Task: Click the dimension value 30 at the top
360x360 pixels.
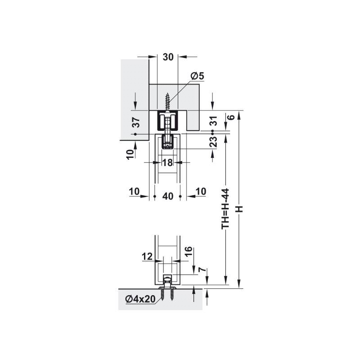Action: click(x=168, y=57)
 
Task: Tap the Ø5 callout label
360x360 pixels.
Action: click(x=198, y=76)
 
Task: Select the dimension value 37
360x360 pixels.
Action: click(x=137, y=122)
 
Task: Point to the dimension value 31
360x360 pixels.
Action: click(x=214, y=121)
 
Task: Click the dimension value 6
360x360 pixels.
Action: click(x=232, y=117)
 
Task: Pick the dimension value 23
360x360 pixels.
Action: click(x=213, y=141)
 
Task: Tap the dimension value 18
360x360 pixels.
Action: click(x=167, y=162)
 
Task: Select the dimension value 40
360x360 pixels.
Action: click(x=167, y=196)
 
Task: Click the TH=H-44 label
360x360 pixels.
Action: click(x=225, y=208)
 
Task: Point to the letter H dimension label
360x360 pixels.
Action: click(x=239, y=209)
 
